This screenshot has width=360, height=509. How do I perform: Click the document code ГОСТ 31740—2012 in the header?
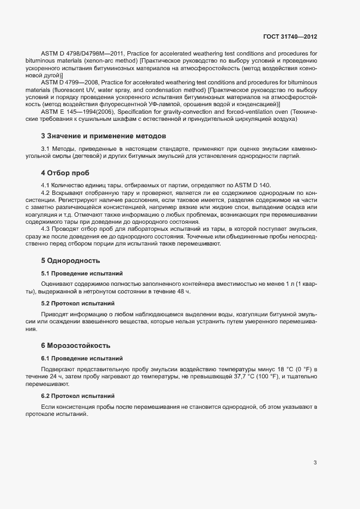pyautogui.click(x=289, y=36)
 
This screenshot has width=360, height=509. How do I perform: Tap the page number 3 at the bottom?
pyautogui.click(x=315, y=463)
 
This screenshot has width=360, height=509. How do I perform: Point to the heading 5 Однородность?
pyautogui.click(x=70, y=260)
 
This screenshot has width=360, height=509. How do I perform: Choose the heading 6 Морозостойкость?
pyautogui.click(x=76, y=345)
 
